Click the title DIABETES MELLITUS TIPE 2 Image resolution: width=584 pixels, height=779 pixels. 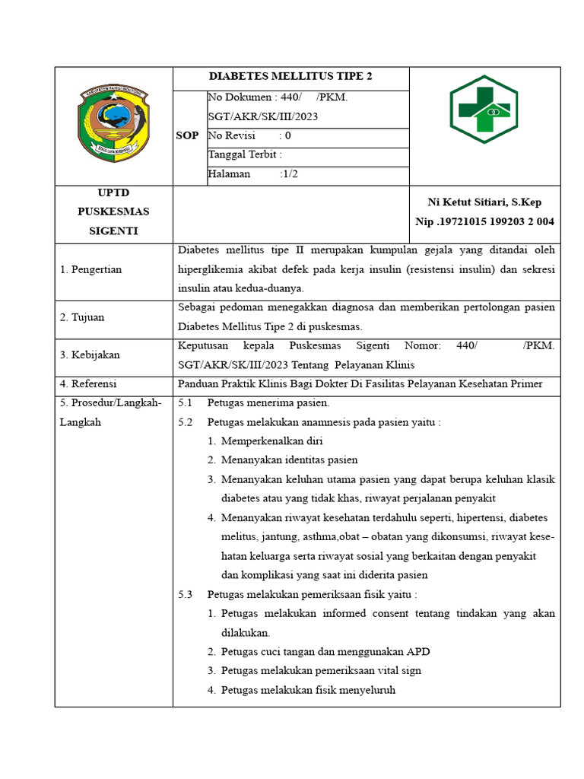click(x=290, y=77)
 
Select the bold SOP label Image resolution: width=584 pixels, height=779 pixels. click(x=187, y=135)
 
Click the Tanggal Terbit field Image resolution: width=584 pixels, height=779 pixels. click(x=245, y=155)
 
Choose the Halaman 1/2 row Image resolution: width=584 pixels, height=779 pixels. click(x=252, y=174)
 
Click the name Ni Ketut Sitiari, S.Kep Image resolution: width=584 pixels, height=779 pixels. click(x=484, y=202)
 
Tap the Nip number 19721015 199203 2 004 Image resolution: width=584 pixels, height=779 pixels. click(x=484, y=221)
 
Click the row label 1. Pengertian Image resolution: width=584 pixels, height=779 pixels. click(x=90, y=269)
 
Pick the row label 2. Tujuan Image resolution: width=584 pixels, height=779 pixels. click(x=82, y=317)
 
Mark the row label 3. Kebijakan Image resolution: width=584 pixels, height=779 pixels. click(x=90, y=355)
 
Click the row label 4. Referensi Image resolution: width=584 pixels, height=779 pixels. click(x=88, y=384)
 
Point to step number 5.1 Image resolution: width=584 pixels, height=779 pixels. click(x=186, y=403)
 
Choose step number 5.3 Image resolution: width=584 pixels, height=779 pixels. click(x=186, y=595)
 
